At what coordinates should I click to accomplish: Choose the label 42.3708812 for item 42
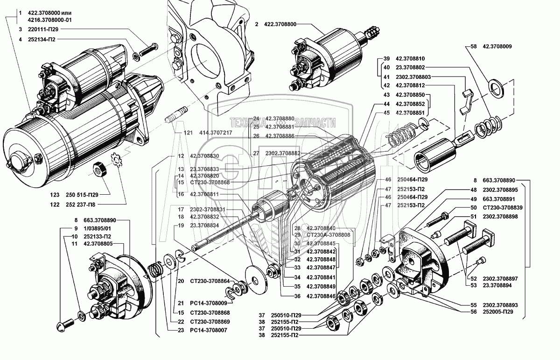[410, 86]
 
